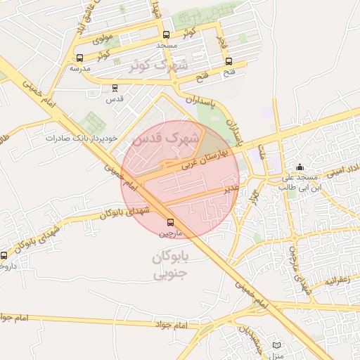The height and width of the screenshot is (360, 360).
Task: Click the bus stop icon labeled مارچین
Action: pyautogui.click(x=168, y=221)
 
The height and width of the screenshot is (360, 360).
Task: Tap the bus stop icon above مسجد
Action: pyautogui.click(x=166, y=35)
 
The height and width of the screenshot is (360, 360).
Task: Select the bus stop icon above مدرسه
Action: pyautogui.click(x=79, y=58)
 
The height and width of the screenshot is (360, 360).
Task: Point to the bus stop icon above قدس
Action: pyautogui.click(x=115, y=88)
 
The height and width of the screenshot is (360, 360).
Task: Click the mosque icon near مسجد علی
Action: pyautogui.click(x=300, y=167)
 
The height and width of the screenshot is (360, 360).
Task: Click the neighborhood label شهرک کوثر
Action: pyautogui.click(x=159, y=65)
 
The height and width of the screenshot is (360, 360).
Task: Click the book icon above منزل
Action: pyautogui.click(x=276, y=346)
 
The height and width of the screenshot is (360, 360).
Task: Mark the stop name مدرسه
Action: pyautogui.click(x=79, y=69)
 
